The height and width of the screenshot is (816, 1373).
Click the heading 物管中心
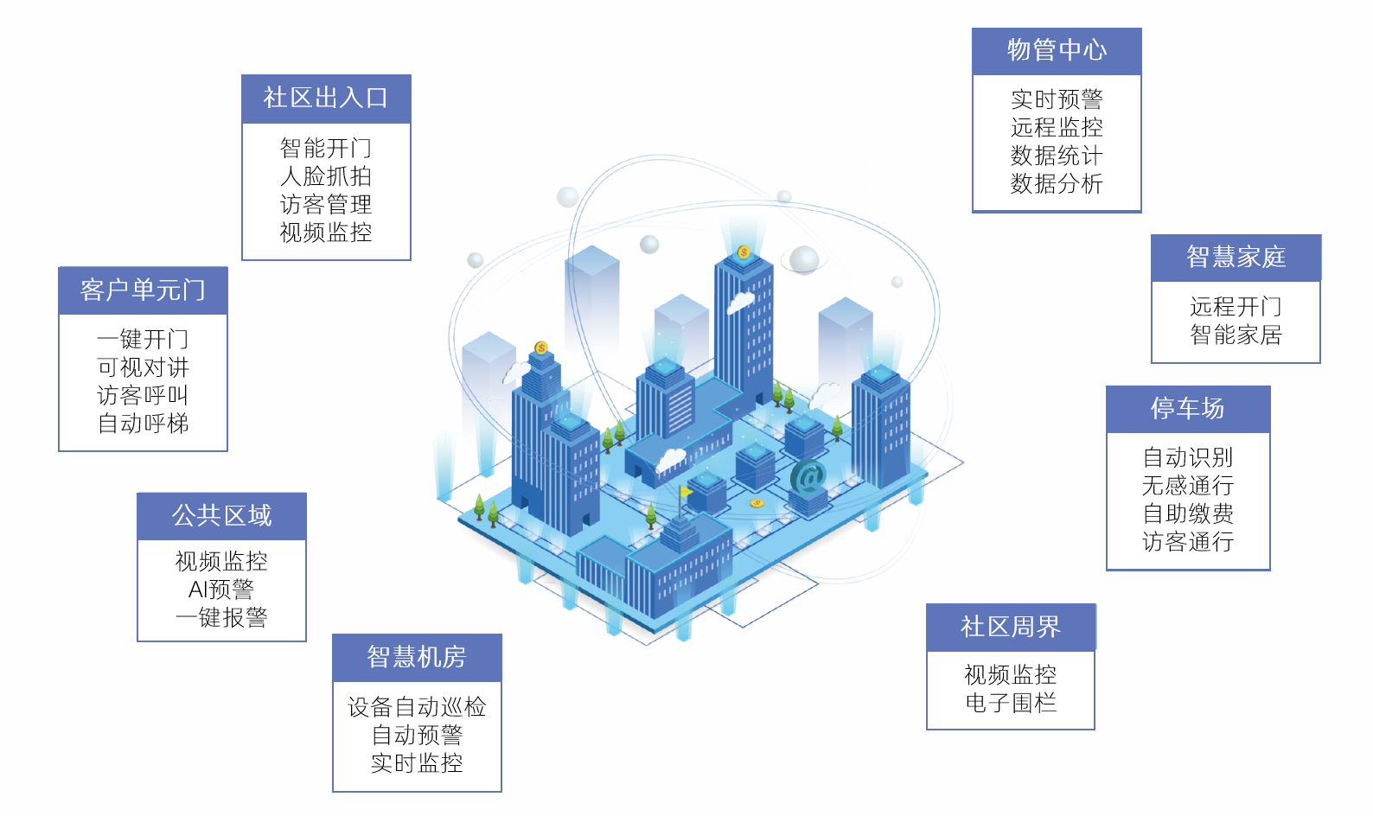click(1057, 50)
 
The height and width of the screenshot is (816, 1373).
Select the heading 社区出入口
click(325, 98)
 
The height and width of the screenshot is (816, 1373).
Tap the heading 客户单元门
click(143, 290)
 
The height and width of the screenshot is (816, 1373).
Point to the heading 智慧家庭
click(1236, 257)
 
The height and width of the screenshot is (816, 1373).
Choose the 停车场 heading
click(1187, 408)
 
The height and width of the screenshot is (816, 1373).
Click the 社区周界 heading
click(1010, 627)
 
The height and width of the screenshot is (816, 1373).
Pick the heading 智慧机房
click(417, 657)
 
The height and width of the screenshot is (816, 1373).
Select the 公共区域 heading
click(221, 515)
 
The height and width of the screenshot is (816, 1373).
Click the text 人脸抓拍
click(325, 176)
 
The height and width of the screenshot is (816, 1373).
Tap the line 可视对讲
click(143, 367)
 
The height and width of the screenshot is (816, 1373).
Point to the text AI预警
click(221, 590)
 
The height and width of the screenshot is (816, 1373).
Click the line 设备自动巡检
click(417, 707)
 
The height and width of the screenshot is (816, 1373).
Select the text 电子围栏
click(1010, 703)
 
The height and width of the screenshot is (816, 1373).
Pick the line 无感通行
click(1187, 486)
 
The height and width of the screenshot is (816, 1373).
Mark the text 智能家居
click(1236, 335)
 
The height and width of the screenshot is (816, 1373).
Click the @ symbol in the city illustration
click(808, 476)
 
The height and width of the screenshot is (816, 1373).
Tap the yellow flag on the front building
click(686, 492)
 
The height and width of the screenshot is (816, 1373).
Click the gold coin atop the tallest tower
click(744, 252)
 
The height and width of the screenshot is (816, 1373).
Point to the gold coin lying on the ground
click(757, 504)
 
